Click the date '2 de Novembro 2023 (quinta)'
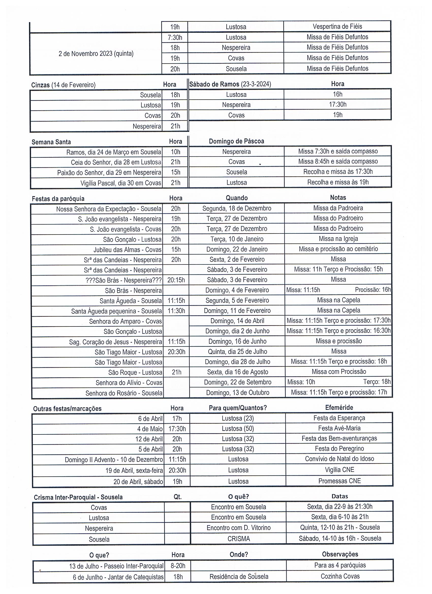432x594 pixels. (x=96, y=54)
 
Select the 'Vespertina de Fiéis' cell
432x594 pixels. (x=337, y=26)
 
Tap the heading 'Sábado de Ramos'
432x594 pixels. (x=214, y=84)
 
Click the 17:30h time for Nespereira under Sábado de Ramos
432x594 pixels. (x=337, y=104)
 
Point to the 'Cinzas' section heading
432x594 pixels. (x=40, y=85)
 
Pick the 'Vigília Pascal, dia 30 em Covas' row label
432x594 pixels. (x=121, y=183)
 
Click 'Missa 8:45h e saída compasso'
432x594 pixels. (x=338, y=161)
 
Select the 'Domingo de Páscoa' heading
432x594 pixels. (x=236, y=141)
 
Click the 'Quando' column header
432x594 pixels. (x=237, y=198)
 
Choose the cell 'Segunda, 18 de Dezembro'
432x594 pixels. (x=237, y=209)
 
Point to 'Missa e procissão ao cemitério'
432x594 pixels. (x=338, y=249)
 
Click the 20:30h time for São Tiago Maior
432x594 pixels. (x=176, y=352)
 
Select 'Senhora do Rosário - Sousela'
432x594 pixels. (x=124, y=393)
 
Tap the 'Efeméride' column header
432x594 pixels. (x=339, y=408)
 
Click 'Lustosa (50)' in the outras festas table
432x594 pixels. (x=238, y=428)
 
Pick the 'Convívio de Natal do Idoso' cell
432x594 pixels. (x=339, y=459)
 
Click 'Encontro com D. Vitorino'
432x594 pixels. (x=238, y=527)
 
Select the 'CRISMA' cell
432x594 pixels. (x=238, y=539)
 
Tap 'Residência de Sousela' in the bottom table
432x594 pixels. (x=239, y=576)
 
